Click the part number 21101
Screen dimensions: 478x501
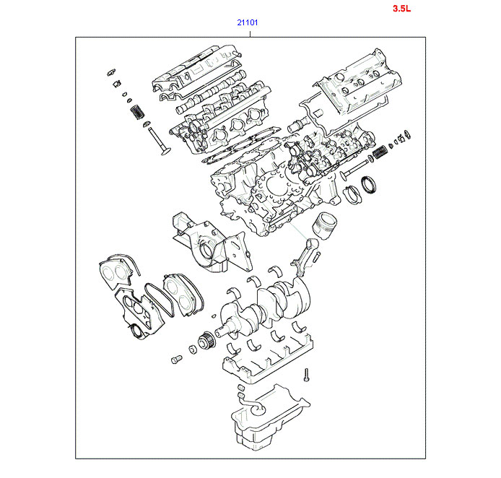tap(248, 22)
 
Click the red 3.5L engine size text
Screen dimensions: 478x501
tap(402, 9)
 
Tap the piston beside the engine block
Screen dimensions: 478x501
tap(323, 226)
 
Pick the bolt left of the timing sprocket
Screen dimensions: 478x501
tap(175, 358)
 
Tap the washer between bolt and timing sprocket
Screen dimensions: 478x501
tap(192, 350)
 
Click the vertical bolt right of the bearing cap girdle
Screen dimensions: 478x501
tap(306, 374)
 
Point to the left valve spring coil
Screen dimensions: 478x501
tap(135, 112)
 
